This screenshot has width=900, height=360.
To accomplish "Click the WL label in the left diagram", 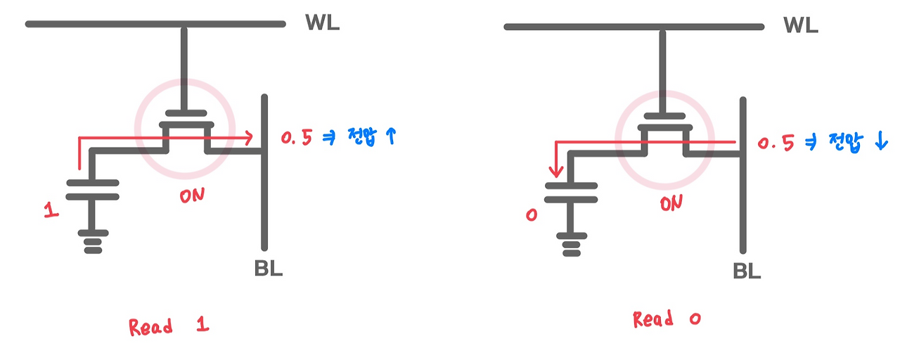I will coord(322,22).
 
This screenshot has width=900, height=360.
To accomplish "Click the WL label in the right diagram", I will coord(801,26).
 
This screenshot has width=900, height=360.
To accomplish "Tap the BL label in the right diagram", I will coord(747,271).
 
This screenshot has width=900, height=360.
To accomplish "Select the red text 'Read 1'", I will coord(169,326).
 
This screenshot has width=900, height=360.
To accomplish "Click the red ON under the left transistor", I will coord(192,196).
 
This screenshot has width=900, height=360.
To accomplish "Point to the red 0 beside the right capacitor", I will coord(531,214).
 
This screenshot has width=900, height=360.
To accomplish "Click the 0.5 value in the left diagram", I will coord(296,139).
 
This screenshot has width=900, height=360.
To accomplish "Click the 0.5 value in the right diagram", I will coord(776,144).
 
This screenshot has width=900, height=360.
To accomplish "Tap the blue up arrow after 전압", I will coord(392,136).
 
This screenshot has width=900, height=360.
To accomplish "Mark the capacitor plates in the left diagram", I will coord(92,191).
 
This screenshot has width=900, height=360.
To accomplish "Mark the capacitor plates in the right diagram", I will coord(571,193).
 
